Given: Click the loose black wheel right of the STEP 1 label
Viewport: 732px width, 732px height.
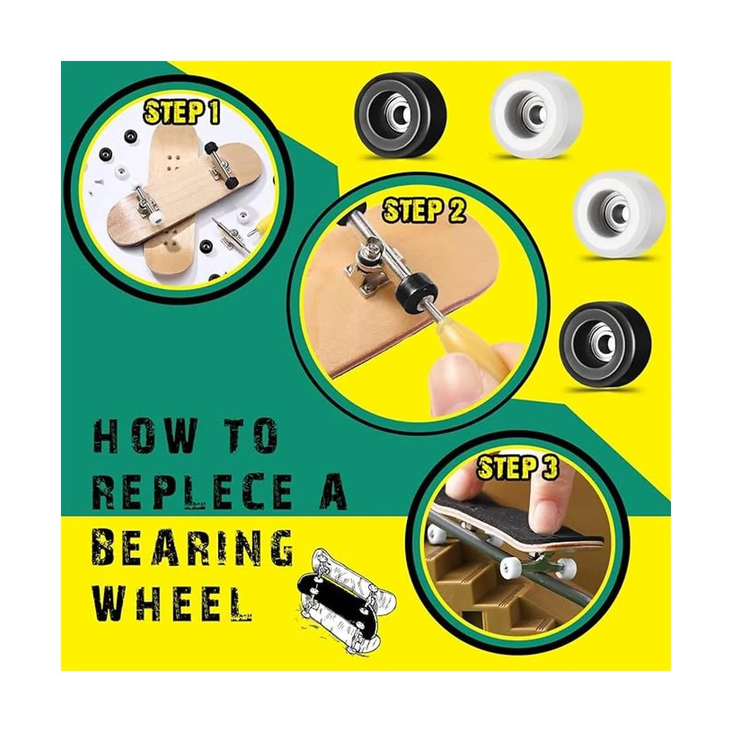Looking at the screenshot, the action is (x=401, y=115).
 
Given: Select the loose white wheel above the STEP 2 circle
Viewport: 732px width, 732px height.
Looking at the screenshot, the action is (x=536, y=117).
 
